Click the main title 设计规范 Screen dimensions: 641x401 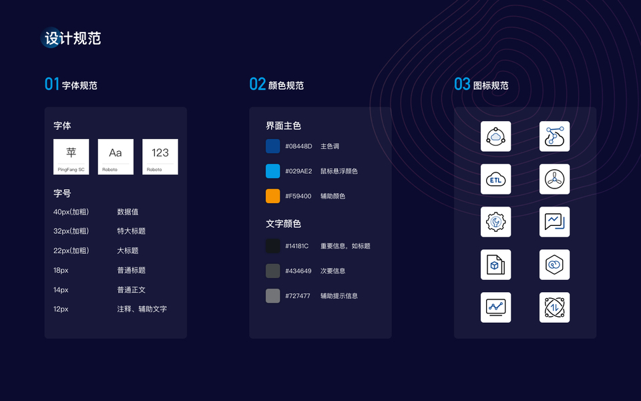point(72,38)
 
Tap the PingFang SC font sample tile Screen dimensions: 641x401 point(71,156)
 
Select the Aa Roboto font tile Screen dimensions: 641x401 point(116,156)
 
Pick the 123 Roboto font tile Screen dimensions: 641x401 point(160,156)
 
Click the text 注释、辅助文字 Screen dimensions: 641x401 point(142,309)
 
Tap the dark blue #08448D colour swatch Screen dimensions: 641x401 point(272,146)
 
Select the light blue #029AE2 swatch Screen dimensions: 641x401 point(272,171)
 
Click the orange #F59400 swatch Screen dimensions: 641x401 point(272,196)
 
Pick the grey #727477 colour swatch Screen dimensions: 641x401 point(272,295)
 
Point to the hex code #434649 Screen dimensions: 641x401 point(298,271)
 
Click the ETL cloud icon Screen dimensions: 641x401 point(495,179)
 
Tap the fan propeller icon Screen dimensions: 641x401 point(554,179)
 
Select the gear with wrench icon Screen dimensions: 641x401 point(495,222)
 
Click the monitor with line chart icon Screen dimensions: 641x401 point(495,307)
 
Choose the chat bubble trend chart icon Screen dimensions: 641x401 point(554,222)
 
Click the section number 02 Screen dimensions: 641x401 point(257,84)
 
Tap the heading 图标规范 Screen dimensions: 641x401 point(491,86)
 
